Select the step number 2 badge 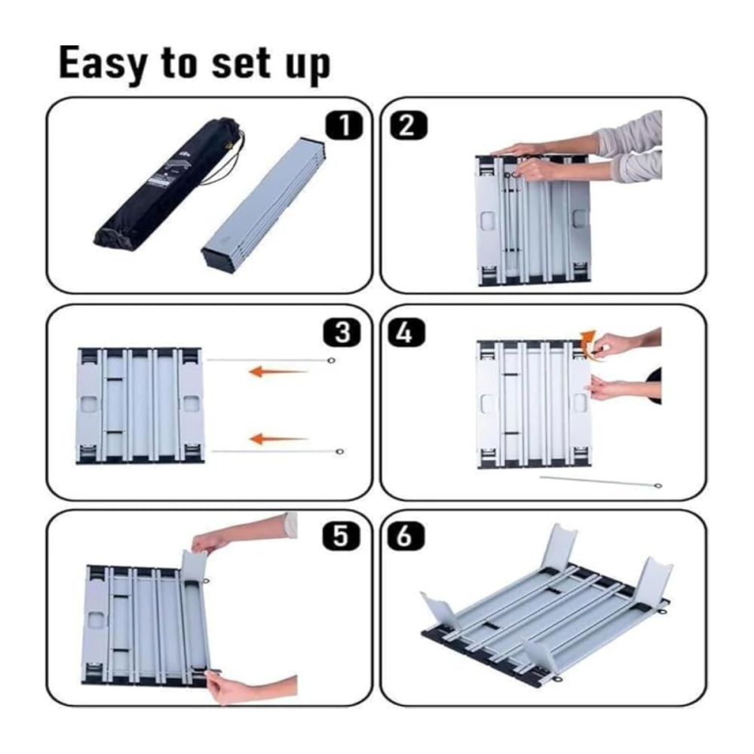click(x=408, y=125)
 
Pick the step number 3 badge click(x=342, y=333)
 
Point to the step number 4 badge click(x=406, y=333)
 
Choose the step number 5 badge click(x=342, y=535)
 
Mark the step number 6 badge click(x=406, y=535)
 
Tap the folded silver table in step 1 click(x=263, y=205)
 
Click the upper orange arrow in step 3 click(x=278, y=371)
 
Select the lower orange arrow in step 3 click(x=278, y=439)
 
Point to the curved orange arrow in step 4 click(x=587, y=339)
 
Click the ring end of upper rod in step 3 click(x=331, y=360)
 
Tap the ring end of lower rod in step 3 click(x=339, y=452)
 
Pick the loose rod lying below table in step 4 click(x=601, y=481)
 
